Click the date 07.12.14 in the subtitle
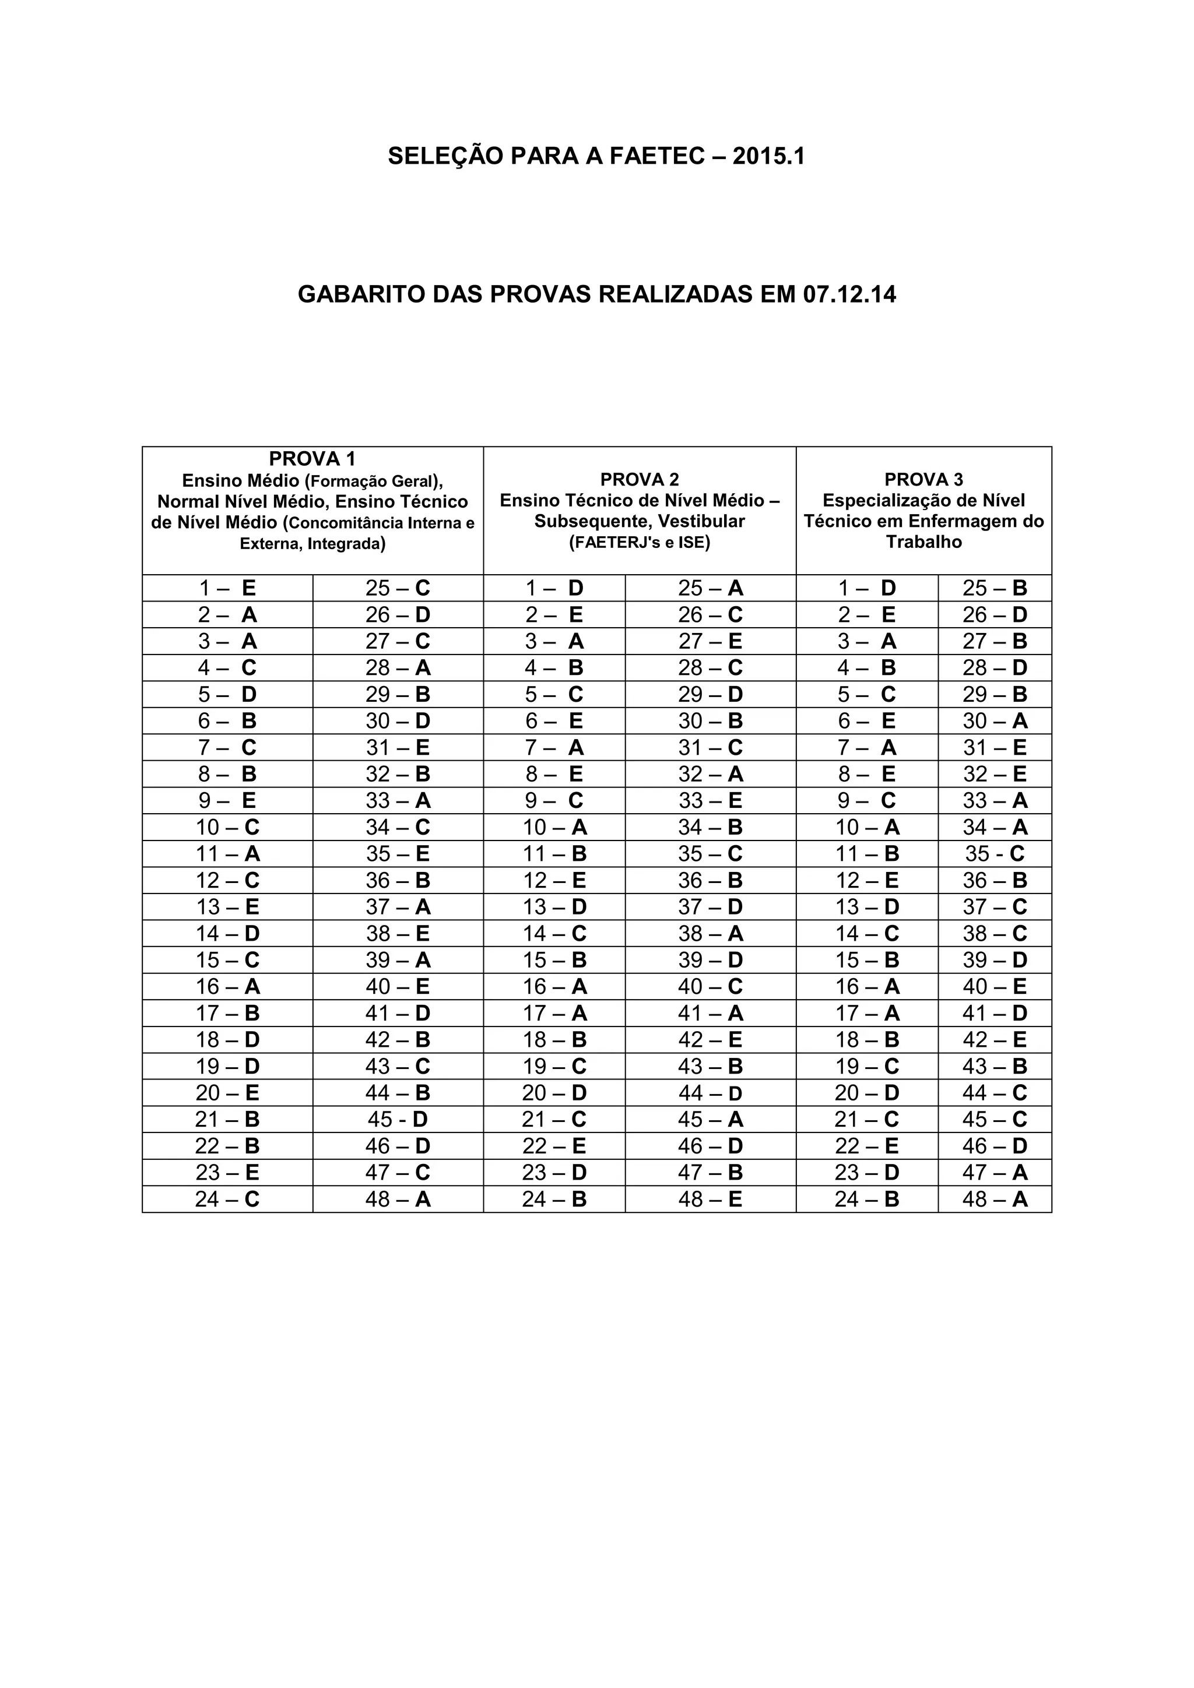point(849,295)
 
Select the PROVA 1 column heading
point(312,459)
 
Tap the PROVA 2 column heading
point(639,479)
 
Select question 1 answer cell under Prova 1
point(227,588)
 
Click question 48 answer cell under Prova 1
point(398,1199)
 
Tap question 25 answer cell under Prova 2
point(710,588)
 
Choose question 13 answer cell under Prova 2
point(554,906)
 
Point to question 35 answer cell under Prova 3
point(994,853)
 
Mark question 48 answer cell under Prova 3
point(994,1199)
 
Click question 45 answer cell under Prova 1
point(398,1119)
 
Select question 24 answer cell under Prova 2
point(554,1199)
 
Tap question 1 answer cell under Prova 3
point(867,588)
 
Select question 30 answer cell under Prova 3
point(994,720)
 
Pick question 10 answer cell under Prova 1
point(227,827)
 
